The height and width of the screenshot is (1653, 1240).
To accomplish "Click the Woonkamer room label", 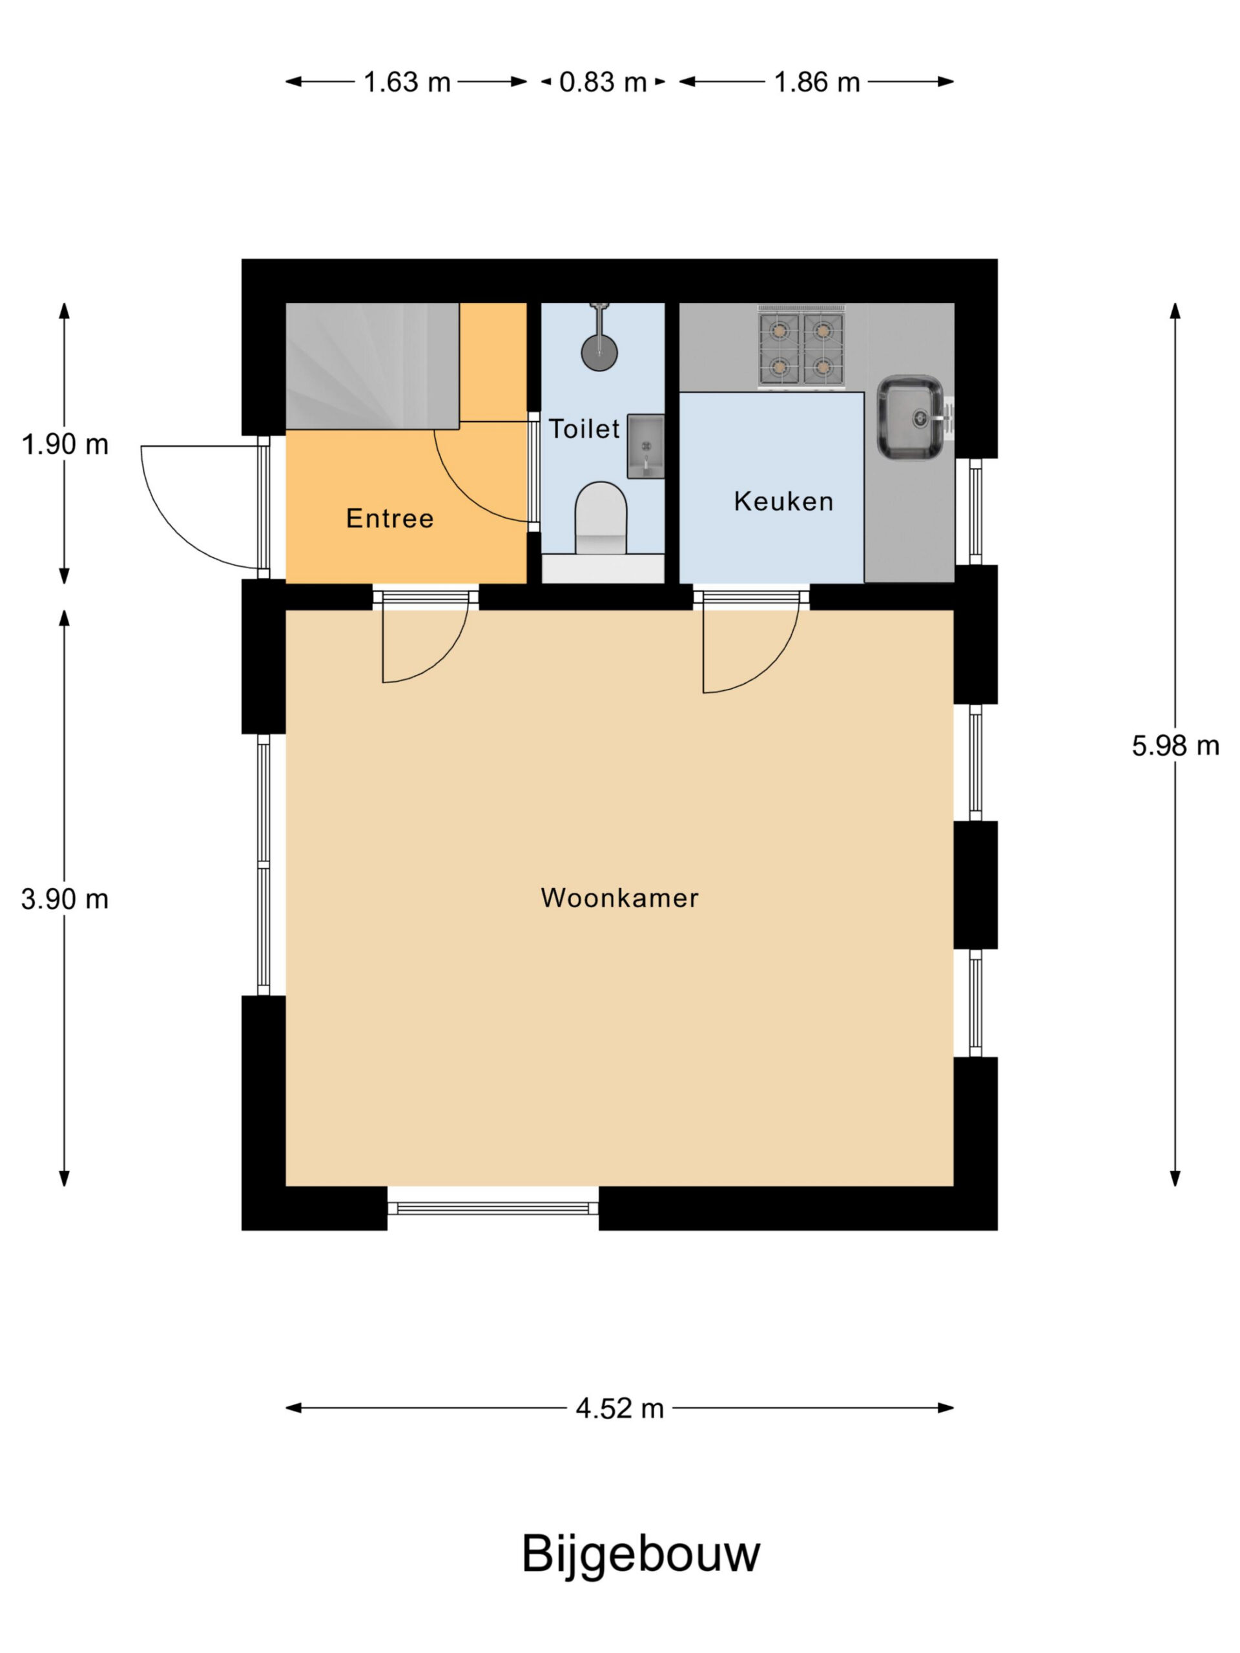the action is pyautogui.click(x=619, y=898).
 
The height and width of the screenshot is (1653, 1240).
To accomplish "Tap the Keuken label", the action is pyautogui.click(x=783, y=502).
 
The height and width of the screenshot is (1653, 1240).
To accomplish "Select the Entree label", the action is pyautogui.click(x=389, y=518).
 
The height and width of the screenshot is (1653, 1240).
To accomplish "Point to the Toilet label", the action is pyautogui.click(x=584, y=429).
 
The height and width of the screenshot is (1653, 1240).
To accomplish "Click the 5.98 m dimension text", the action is pyautogui.click(x=1175, y=745).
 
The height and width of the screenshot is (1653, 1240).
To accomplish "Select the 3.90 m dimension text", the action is pyautogui.click(x=65, y=899).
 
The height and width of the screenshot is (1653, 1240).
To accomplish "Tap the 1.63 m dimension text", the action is pyautogui.click(x=408, y=82).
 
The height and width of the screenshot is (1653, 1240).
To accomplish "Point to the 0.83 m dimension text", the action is pyautogui.click(x=603, y=82).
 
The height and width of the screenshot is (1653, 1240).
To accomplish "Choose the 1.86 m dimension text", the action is pyautogui.click(x=817, y=82).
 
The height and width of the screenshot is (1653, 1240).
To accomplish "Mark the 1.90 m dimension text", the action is pyautogui.click(x=65, y=446).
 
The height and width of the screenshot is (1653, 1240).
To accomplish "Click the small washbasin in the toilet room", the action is pyautogui.click(x=645, y=446).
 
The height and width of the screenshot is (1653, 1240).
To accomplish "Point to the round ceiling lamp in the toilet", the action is pyautogui.click(x=599, y=352).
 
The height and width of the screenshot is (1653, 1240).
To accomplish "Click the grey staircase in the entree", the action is pyautogui.click(x=372, y=366).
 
